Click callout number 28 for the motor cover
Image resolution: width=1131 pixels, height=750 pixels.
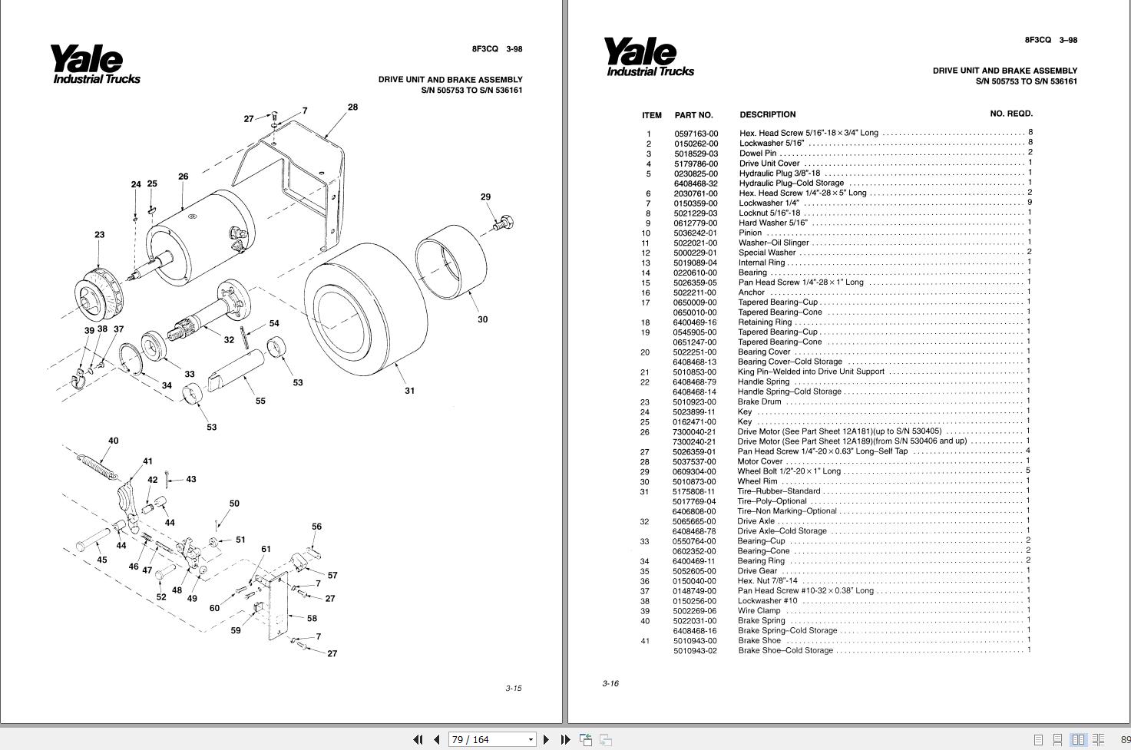pyautogui.click(x=352, y=107)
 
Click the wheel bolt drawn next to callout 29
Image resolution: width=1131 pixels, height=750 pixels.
pyautogui.click(x=504, y=224)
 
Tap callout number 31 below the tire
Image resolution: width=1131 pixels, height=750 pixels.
pyautogui.click(x=409, y=391)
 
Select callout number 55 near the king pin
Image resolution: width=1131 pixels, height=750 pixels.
pyautogui.click(x=260, y=401)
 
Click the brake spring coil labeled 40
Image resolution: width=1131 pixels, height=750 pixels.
pyautogui.click(x=97, y=465)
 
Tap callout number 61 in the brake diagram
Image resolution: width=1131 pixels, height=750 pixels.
pyautogui.click(x=266, y=549)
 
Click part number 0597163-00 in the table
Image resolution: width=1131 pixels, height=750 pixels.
pyautogui.click(x=696, y=134)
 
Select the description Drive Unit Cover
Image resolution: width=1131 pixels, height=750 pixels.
pyautogui.click(x=769, y=164)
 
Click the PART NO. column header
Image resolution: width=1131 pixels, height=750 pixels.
pyautogui.click(x=693, y=115)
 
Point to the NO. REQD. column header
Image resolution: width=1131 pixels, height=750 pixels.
pyautogui.click(x=1010, y=114)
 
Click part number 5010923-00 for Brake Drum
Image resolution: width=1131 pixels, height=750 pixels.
pyautogui.click(x=694, y=402)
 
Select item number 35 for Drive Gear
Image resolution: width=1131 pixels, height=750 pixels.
pyautogui.click(x=645, y=571)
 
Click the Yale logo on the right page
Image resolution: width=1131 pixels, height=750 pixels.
pyautogui.click(x=648, y=57)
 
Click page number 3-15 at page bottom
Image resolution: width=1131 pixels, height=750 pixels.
pyautogui.click(x=513, y=688)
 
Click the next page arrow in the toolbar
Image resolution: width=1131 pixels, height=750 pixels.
pyautogui.click(x=546, y=739)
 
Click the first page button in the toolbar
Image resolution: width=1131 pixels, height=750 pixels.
pyautogui.click(x=418, y=739)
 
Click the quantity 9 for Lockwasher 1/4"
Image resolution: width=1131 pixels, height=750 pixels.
pyautogui.click(x=1030, y=203)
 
